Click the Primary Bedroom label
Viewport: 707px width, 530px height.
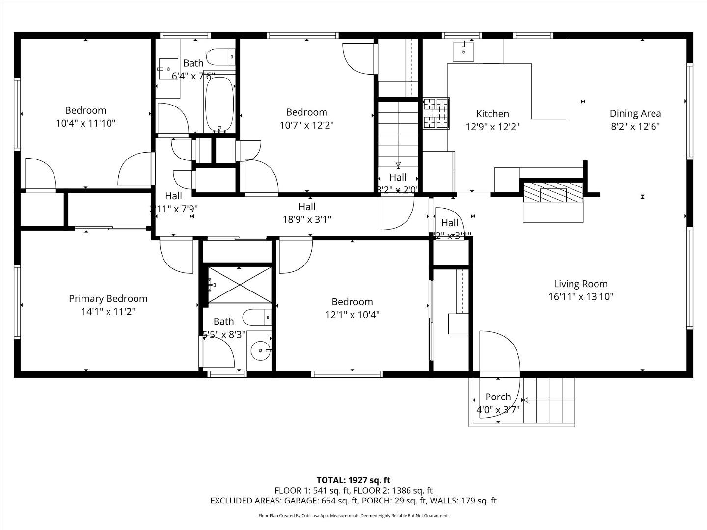(x=108, y=298)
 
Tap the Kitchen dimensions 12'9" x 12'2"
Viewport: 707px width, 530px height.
(x=492, y=126)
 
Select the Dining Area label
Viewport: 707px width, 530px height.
(x=635, y=113)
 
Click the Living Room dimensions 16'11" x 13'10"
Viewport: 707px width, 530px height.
(x=581, y=296)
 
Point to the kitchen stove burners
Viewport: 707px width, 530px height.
(x=436, y=113)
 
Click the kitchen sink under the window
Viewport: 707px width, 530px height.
(x=463, y=51)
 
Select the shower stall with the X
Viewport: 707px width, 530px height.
(x=240, y=285)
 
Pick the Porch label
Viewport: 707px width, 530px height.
(x=498, y=397)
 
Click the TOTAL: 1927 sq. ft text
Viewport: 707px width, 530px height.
(x=353, y=480)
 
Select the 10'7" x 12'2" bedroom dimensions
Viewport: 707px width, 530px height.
(x=306, y=125)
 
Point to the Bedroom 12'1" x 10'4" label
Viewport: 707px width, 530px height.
(x=352, y=302)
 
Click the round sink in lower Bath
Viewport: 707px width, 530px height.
(x=260, y=351)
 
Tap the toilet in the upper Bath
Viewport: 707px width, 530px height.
(x=220, y=57)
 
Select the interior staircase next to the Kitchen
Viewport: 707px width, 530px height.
(x=397, y=132)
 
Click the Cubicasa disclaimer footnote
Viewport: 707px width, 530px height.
(x=353, y=516)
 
